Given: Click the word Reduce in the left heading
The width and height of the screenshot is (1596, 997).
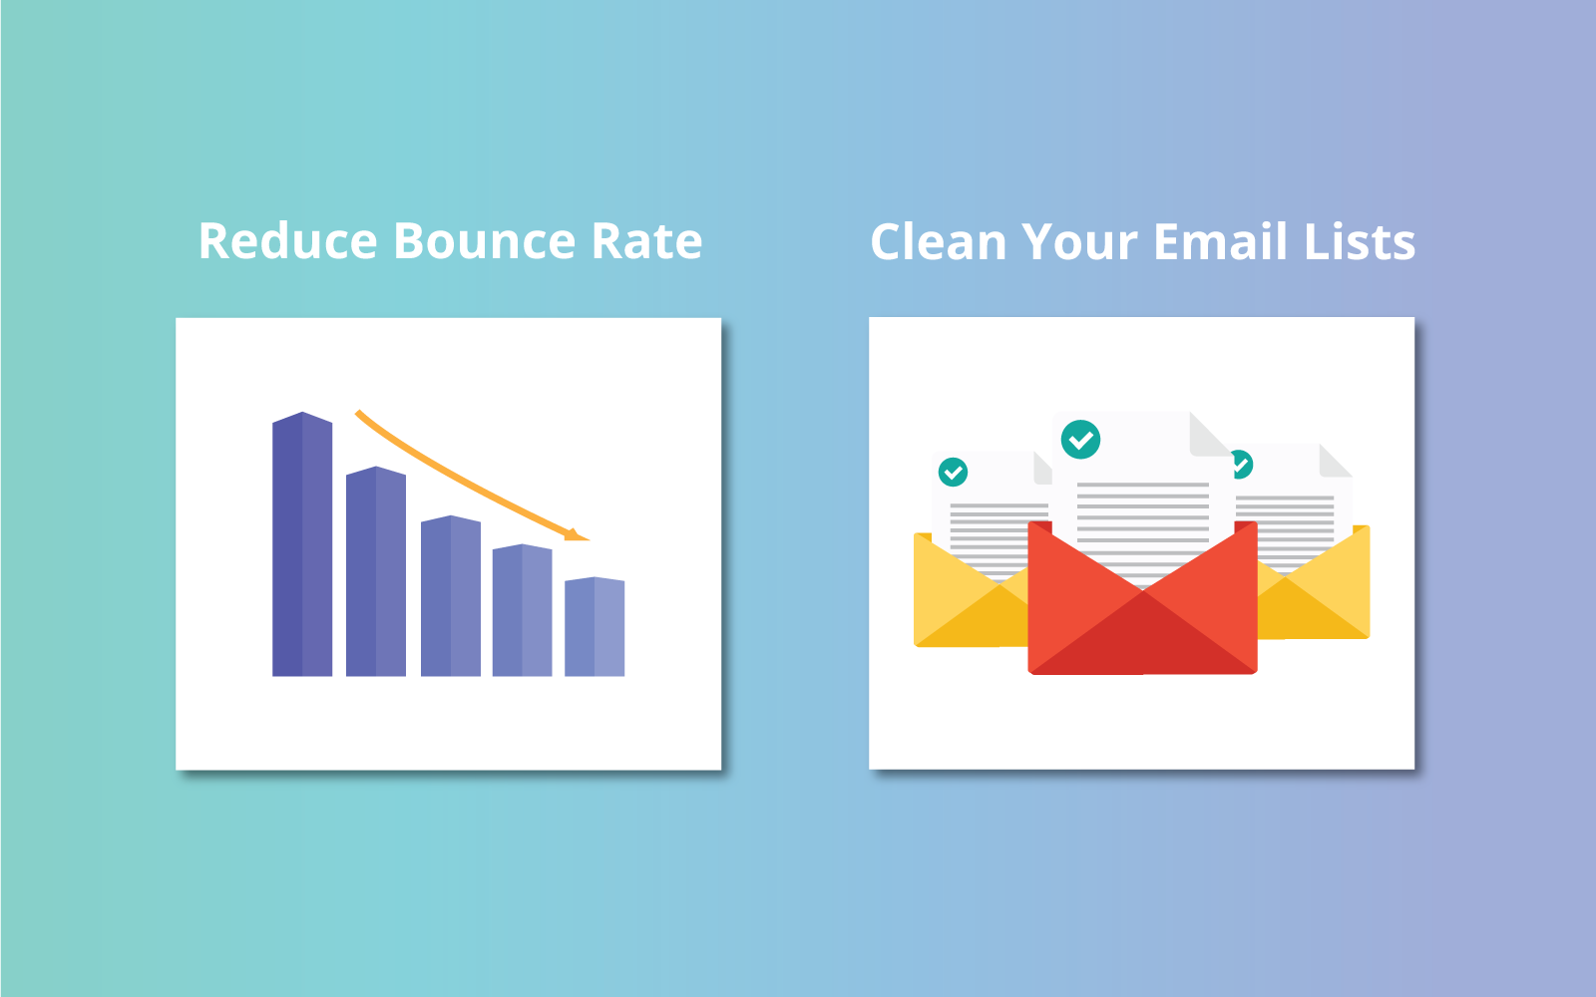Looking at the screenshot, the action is pos(288,240).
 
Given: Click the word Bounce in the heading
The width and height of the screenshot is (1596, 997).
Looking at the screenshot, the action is pos(484,240).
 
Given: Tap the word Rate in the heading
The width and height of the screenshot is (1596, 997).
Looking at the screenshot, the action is pos(646,241).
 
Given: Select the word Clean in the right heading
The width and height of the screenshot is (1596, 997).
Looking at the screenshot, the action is pos(938,241).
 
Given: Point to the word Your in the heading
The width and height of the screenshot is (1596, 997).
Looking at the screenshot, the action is pos(1079,242).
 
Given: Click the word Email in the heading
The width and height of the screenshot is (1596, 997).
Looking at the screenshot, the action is pos(1220,241).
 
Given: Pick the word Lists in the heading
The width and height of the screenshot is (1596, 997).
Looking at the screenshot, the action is pos(1359,241).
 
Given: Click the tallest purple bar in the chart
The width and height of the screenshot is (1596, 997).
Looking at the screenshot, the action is pos(302,544).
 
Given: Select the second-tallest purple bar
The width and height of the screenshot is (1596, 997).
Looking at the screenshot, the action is pos(375,571).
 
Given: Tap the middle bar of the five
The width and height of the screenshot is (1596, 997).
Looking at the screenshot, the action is pos(450,595).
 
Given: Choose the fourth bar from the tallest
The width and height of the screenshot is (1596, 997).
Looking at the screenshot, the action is pos(523,610).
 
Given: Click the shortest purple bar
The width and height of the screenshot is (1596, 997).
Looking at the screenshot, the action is pos(595,627).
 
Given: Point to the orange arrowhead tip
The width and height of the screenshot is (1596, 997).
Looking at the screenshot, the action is pos(590,539).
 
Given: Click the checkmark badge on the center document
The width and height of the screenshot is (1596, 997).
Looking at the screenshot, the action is pos(1080,440).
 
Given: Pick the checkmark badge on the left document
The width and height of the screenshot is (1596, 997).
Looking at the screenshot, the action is pos(953,472).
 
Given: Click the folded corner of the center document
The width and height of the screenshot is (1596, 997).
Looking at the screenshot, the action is pos(1208,435).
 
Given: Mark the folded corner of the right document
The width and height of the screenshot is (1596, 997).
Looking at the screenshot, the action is pos(1334,461).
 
